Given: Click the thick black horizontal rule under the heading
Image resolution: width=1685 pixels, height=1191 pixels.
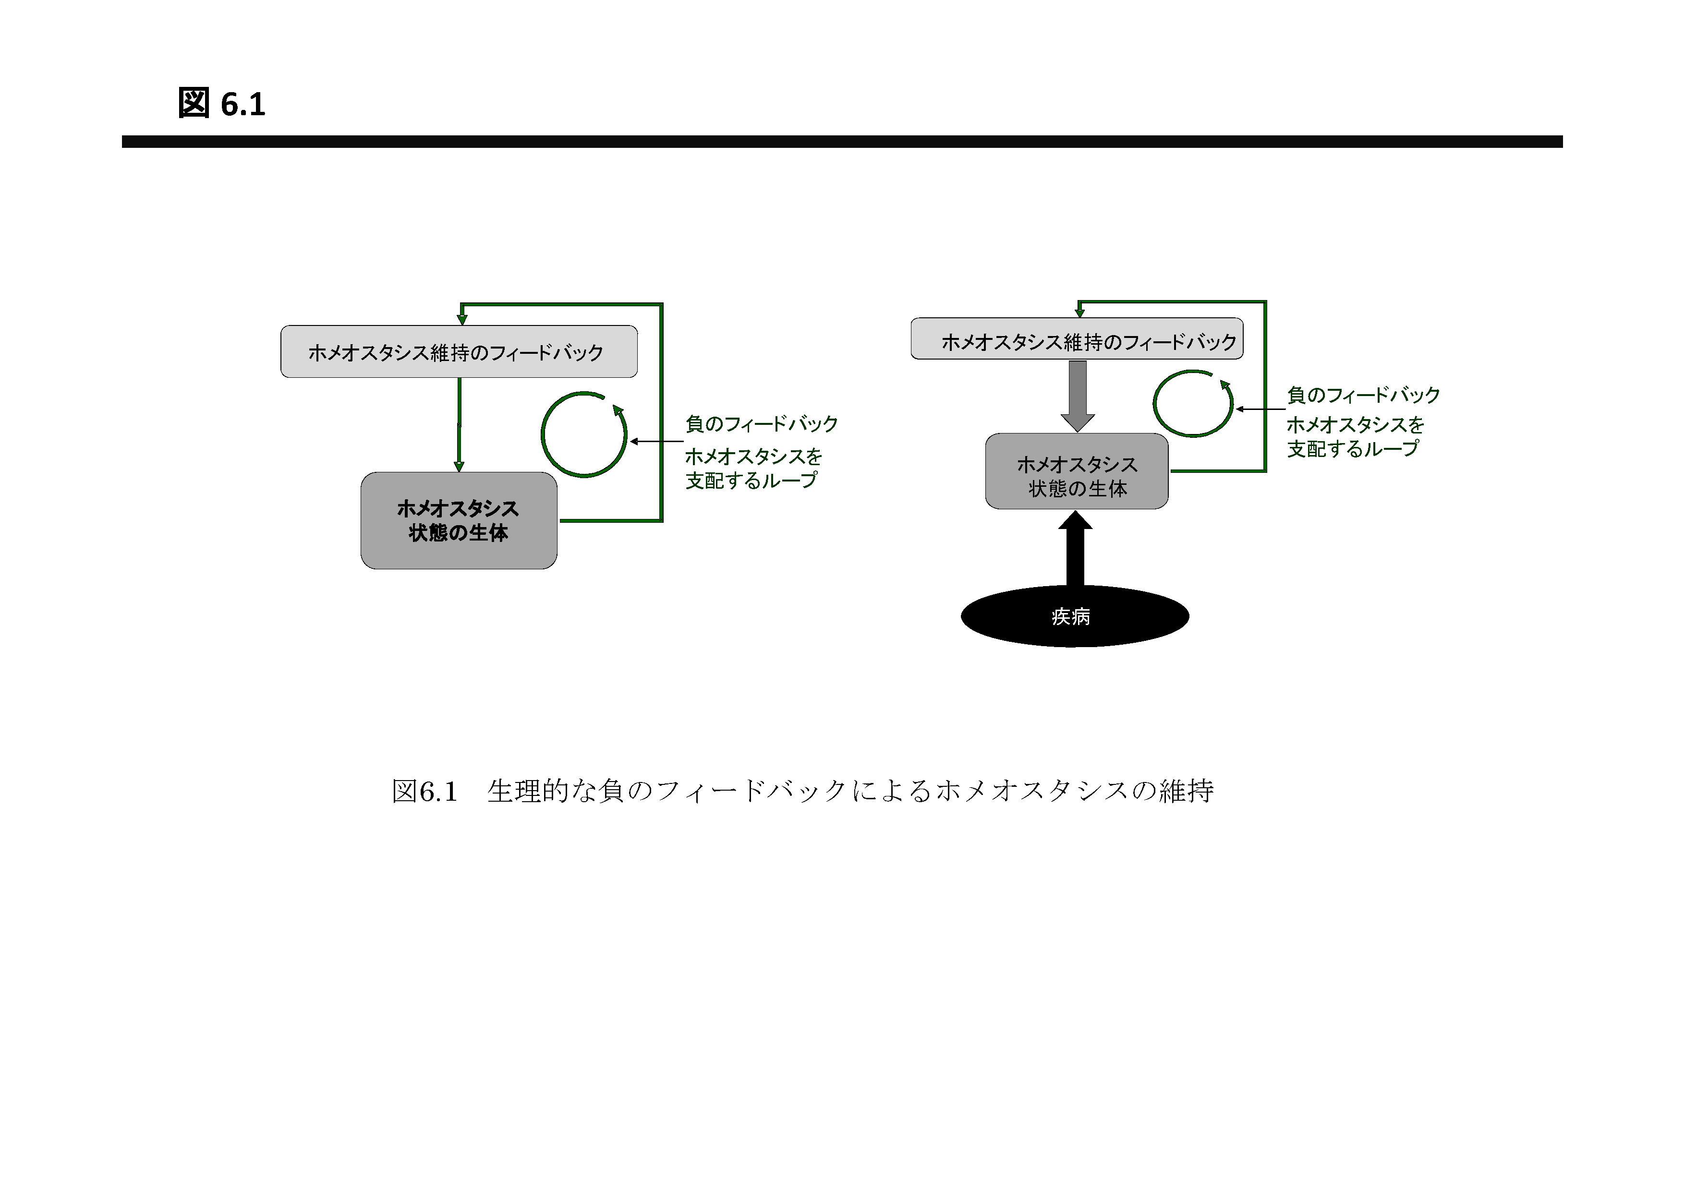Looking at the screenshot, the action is tap(842, 142).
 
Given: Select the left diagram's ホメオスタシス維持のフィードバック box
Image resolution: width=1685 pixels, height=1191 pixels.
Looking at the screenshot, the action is tap(459, 351).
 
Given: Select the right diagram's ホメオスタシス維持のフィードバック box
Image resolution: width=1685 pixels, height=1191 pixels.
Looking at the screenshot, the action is tap(1077, 338).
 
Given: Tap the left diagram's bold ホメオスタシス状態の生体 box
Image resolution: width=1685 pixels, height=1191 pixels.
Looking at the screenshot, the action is tap(459, 520).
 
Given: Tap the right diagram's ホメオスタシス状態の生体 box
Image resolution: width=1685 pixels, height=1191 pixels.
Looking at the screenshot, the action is tap(1077, 471).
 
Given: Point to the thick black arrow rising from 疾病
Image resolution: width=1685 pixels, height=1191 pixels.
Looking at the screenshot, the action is tap(1075, 548).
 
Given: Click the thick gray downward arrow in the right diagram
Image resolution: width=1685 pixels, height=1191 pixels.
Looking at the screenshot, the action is tap(1078, 396).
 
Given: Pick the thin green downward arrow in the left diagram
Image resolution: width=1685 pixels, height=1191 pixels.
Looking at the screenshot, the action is tap(460, 425).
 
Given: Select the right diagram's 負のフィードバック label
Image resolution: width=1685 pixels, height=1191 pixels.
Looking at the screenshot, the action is tap(1363, 395).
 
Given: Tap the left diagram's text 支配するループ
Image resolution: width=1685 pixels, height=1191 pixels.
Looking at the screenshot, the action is tap(751, 481).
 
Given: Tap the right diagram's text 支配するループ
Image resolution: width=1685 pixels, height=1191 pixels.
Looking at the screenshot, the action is tap(1353, 448).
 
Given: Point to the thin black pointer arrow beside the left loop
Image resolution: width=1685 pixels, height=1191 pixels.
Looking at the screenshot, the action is tap(657, 442).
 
